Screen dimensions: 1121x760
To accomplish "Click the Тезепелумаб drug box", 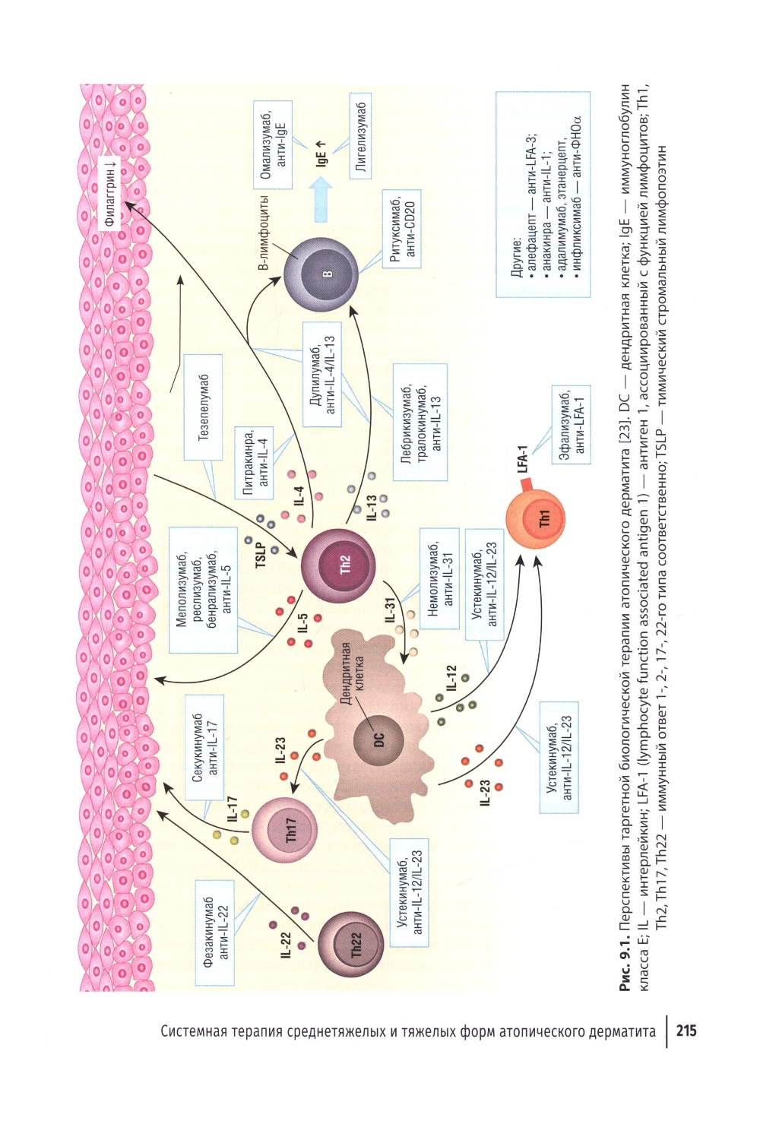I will (x=204, y=407).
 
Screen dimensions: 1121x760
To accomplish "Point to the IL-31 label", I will (x=390, y=610).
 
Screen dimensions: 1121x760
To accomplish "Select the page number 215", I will (x=686, y=1031).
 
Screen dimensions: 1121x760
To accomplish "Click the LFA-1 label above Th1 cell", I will (x=523, y=458).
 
